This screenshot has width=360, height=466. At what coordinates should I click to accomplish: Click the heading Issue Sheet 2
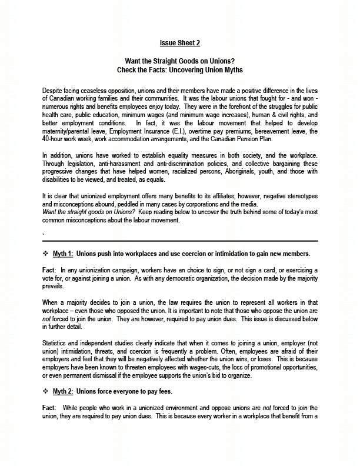coord(180,43)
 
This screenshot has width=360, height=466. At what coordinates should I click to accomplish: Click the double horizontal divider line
coord(180,240)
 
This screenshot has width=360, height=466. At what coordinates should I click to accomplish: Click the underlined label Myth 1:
coord(63,254)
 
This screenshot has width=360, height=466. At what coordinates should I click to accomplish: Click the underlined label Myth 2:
coord(63,391)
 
